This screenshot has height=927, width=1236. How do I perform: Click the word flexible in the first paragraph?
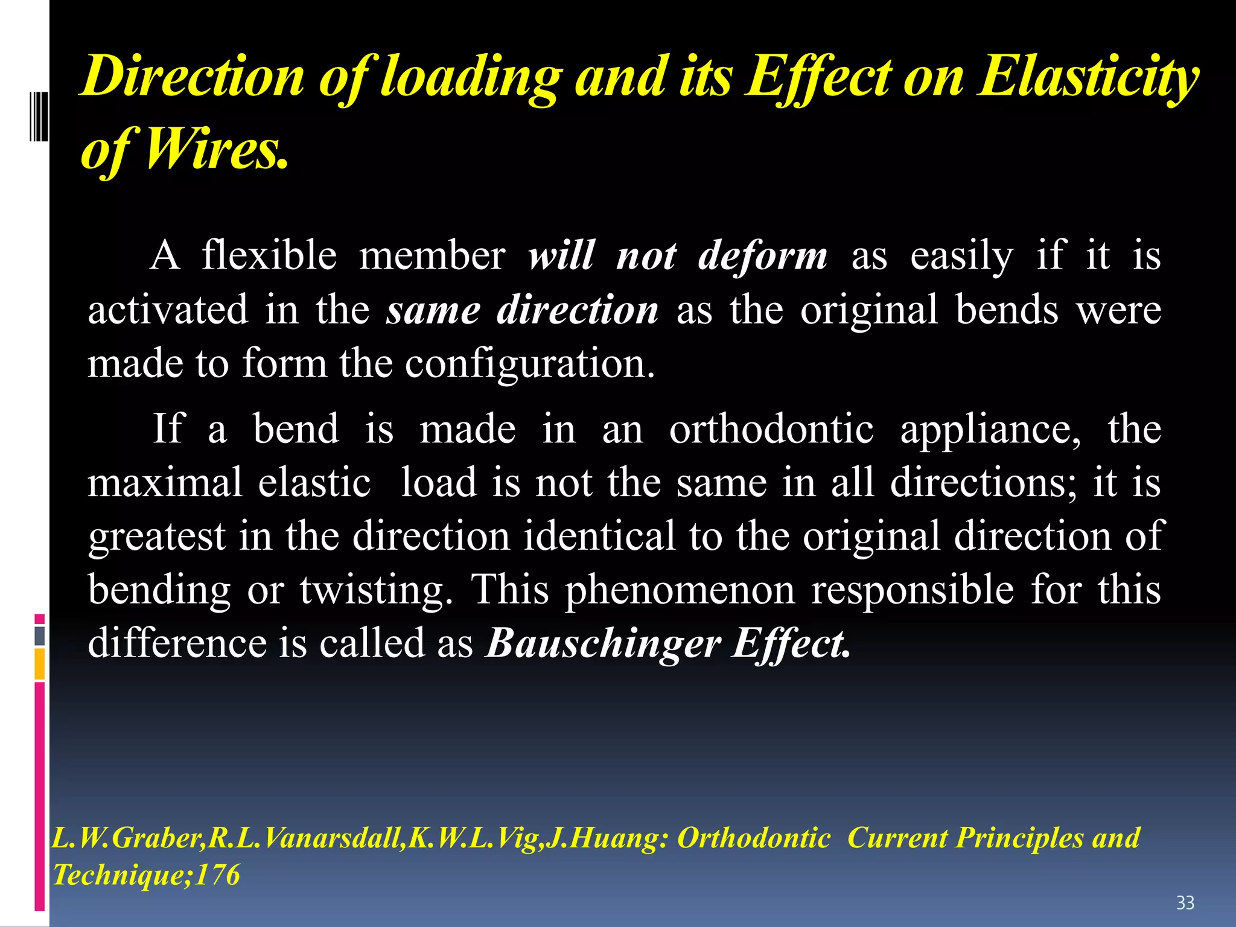[269, 255]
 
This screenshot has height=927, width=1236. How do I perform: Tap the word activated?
[168, 310]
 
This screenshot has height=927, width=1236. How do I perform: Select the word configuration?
[529, 364]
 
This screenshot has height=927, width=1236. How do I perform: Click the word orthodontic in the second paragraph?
[771, 429]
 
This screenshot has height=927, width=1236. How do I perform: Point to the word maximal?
[165, 483]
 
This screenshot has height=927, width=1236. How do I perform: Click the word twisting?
[375, 590]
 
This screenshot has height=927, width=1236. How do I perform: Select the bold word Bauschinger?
[603, 644]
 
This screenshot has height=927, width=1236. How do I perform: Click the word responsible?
[912, 590]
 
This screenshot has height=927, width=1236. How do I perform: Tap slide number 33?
[1185, 903]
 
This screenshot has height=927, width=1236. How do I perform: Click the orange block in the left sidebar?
[40, 664]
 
